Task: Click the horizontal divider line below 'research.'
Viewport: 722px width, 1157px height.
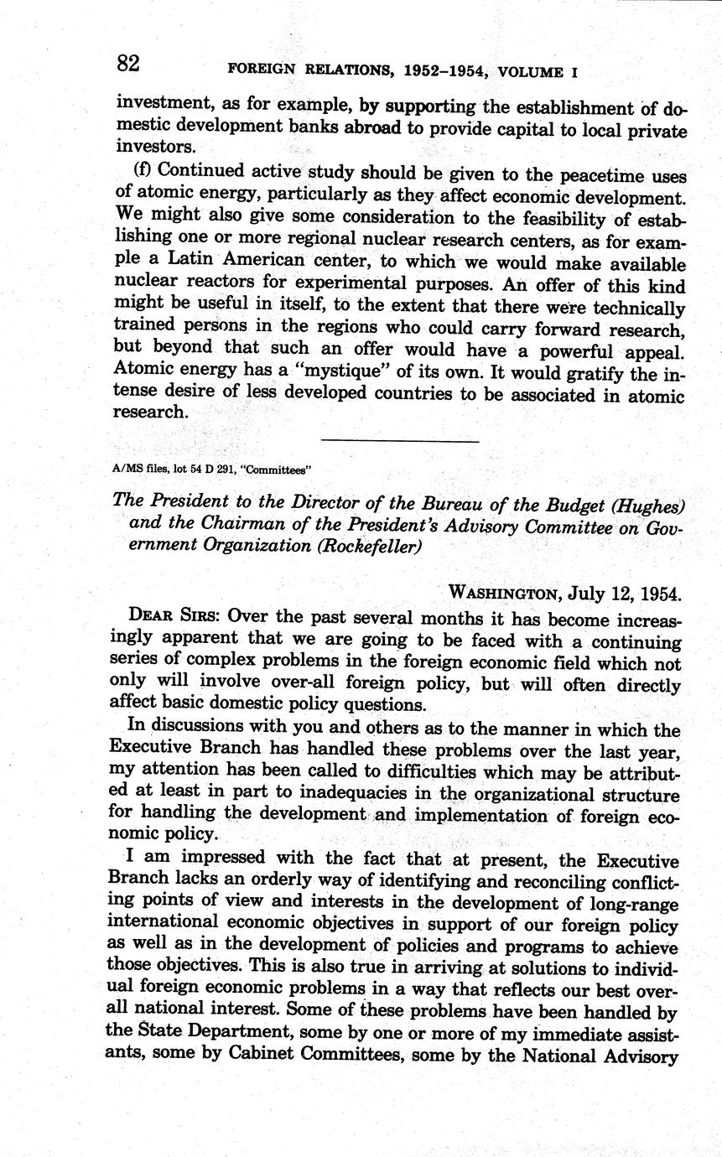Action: [399, 441]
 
